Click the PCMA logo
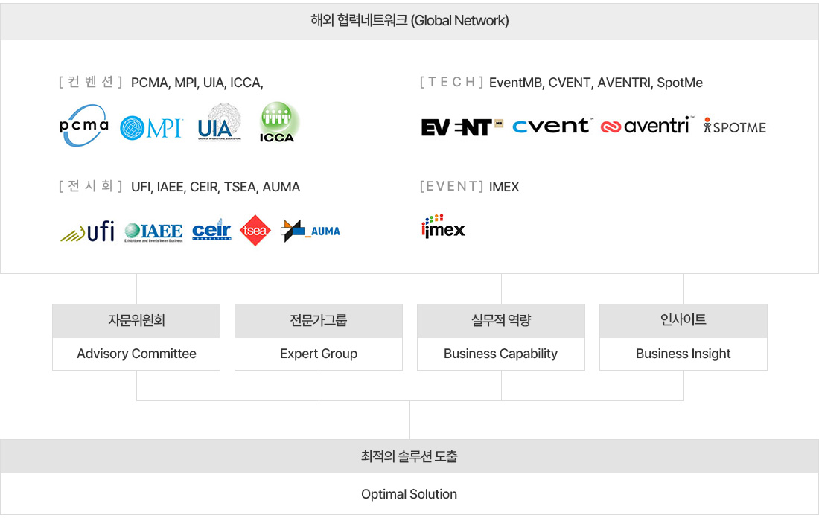[84, 126]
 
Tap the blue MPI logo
[151, 127]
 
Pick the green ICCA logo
[278, 124]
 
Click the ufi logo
[87, 231]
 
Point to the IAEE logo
[153, 232]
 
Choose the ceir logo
[211, 231]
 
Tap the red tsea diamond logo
[255, 231]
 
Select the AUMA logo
[310, 231]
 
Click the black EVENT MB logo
[462, 127]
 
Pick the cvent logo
[552, 126]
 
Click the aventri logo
[646, 127]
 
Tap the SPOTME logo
[734, 127]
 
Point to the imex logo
[443, 226]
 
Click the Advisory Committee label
[136, 354]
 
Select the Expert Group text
[319, 354]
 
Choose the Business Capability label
[500, 354]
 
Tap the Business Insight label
[683, 354]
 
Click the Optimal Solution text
[409, 494]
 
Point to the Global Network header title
[409, 21]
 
